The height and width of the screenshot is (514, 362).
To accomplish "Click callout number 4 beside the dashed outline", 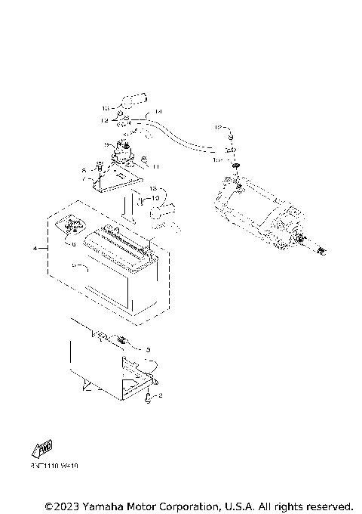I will tap(35, 247).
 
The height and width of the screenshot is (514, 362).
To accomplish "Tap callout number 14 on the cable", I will tap(158, 112).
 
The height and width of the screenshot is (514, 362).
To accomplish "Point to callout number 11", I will tap(156, 166).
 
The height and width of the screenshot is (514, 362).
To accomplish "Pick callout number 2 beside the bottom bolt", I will tap(161, 395).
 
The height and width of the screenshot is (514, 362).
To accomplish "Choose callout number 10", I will tap(157, 198).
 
